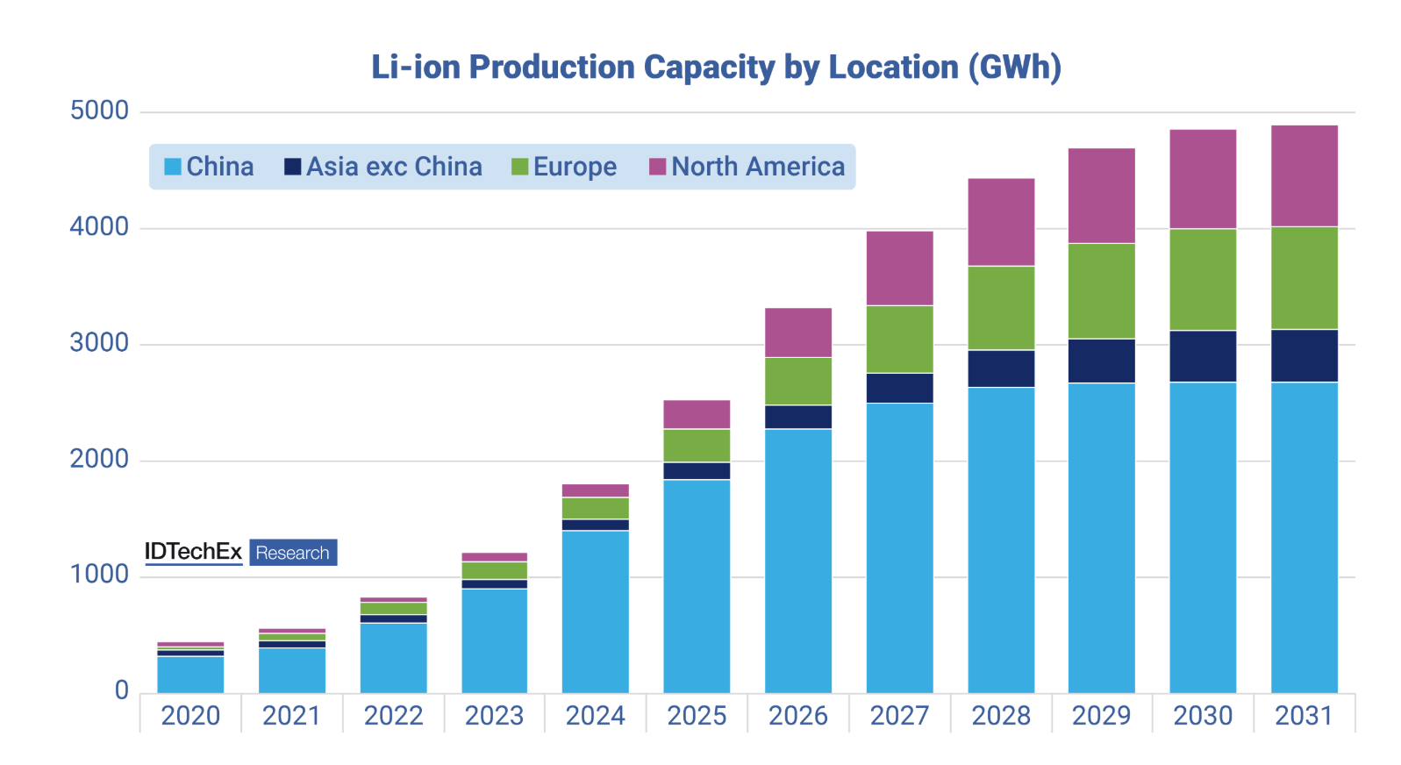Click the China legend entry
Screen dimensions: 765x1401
click(209, 167)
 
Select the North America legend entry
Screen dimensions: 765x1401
click(747, 167)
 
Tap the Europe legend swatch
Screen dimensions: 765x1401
click(519, 167)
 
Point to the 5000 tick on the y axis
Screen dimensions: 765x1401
click(99, 111)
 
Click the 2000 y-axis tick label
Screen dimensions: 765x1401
click(99, 459)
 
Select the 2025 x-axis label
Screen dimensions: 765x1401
click(697, 716)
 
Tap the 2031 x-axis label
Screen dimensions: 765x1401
click(1304, 716)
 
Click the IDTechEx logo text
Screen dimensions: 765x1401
click(193, 552)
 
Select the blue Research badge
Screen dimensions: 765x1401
click(293, 553)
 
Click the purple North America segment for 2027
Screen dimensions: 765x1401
click(899, 268)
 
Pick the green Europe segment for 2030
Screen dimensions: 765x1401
click(1203, 279)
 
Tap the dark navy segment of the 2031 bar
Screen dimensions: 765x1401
click(1304, 355)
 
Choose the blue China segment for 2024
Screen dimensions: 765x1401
click(595, 611)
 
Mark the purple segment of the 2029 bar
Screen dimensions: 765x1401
click(1101, 196)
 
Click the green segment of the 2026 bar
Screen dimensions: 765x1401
click(797, 381)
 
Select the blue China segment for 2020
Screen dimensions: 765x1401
click(190, 674)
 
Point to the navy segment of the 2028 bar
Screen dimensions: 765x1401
click(1001, 368)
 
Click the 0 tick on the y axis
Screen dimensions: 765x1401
click(122, 691)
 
